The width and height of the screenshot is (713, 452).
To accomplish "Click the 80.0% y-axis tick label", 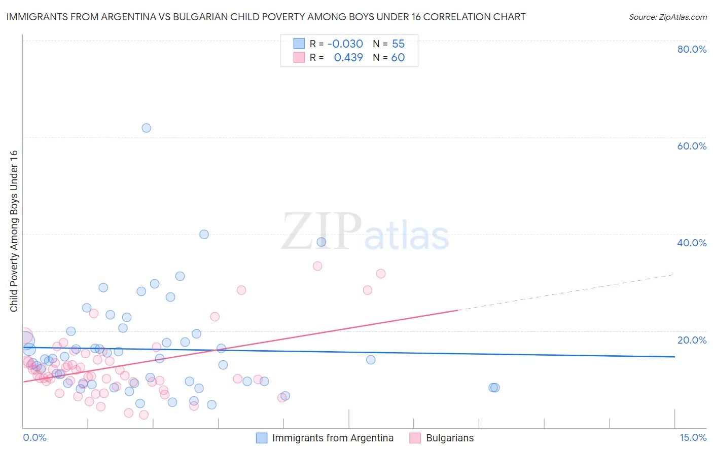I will coord(692,49).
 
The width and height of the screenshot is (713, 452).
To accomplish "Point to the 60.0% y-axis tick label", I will coord(692,146).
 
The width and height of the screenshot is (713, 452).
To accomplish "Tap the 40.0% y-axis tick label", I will coord(692,243).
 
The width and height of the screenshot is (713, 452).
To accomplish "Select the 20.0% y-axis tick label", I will coord(692,340).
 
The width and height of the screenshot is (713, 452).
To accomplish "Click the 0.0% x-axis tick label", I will coord(34,437).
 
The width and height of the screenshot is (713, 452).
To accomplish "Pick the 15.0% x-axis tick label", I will coord(693,437).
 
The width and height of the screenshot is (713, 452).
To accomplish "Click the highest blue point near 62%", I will coord(146,128).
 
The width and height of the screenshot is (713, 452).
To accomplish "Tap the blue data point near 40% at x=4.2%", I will coord(204,234).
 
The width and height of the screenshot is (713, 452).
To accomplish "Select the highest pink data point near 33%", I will coord(317,266).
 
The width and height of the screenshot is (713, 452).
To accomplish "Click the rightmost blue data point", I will coord(495,388).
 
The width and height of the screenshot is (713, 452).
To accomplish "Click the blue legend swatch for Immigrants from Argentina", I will coord(262,438).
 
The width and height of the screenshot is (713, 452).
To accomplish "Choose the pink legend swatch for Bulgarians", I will coord(415,438).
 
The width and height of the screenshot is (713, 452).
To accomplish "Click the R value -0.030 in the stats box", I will coord(345,44).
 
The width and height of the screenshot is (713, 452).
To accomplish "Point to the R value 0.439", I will coord(348,58).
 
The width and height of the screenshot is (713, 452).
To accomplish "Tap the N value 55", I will coord(398,44).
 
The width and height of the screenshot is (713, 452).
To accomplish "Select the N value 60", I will coord(398,58).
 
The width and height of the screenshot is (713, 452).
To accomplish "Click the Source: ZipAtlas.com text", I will coord(667,17).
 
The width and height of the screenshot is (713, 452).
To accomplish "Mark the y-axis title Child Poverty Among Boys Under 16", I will coord(14,231).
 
